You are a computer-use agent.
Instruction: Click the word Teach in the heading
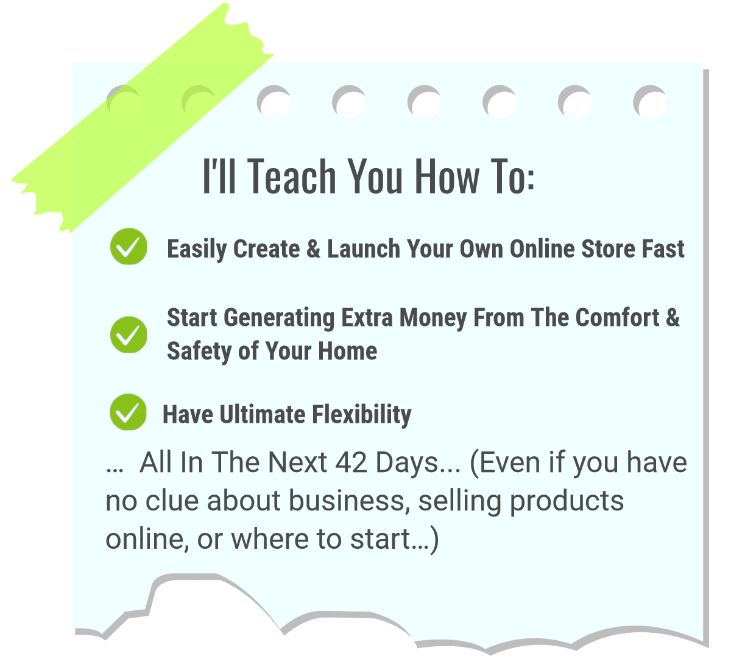coord(293,176)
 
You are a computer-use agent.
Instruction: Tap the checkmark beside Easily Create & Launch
coord(129,247)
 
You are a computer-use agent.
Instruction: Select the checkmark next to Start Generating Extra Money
coord(129,334)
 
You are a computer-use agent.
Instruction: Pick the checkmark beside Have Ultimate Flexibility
coord(129,412)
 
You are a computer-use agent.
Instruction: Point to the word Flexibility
coord(362,415)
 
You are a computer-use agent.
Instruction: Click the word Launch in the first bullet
coord(364,249)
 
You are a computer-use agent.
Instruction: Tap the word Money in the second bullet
coord(433,319)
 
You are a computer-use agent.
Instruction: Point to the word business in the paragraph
coord(347,501)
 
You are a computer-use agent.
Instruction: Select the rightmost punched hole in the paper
coord(651,102)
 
